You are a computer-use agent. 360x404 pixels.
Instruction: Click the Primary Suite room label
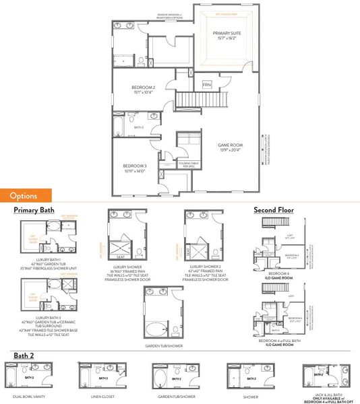227,36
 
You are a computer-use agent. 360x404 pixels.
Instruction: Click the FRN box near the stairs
206,84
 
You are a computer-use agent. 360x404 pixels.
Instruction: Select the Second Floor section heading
274,210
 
